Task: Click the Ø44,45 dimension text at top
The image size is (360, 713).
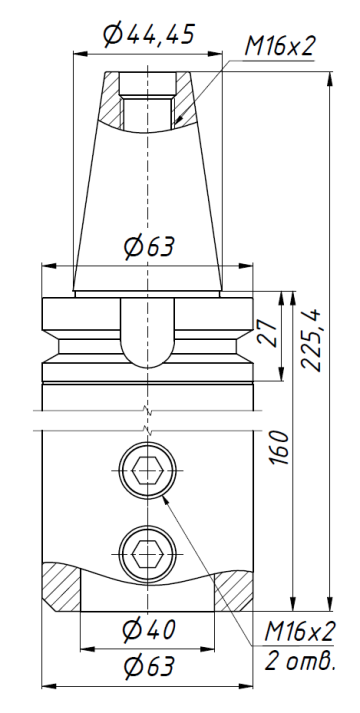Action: point(149,36)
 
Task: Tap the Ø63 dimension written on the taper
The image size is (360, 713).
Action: point(149,247)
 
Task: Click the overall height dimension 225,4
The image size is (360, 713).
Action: point(312,338)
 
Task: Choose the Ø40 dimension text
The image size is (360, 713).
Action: point(149,631)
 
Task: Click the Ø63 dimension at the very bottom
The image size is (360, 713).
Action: point(149,666)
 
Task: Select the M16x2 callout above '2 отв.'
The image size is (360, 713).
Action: point(299,632)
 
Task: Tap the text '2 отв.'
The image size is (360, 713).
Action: point(299,662)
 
